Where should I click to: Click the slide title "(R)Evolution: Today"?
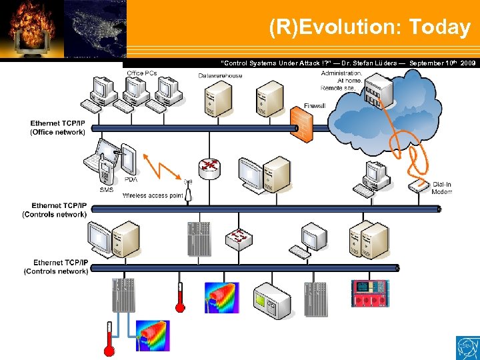369,27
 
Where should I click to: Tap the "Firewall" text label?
315,106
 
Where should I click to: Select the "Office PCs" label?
141,73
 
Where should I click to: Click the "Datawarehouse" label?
220,75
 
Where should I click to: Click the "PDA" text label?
131,179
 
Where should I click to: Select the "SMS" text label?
107,189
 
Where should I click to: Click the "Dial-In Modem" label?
441,188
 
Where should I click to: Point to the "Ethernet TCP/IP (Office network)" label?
58,127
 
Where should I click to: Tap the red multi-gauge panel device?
369,294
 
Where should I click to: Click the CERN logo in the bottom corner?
467,347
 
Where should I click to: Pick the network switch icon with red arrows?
239,237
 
